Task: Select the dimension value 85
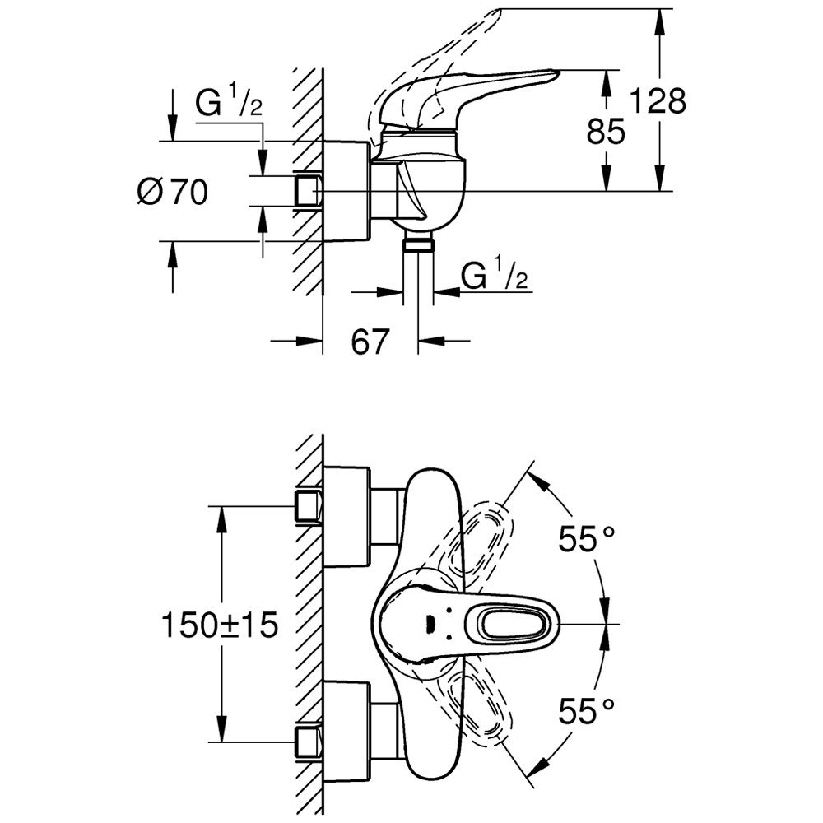607,130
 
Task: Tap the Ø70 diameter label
174,193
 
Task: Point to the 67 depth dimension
370,342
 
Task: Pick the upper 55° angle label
587,539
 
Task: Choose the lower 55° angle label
587,710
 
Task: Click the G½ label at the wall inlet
228,105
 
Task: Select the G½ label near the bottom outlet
494,276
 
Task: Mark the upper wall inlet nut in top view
309,505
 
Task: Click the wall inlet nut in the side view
308,191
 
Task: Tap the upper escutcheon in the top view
346,516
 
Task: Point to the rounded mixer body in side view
428,185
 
